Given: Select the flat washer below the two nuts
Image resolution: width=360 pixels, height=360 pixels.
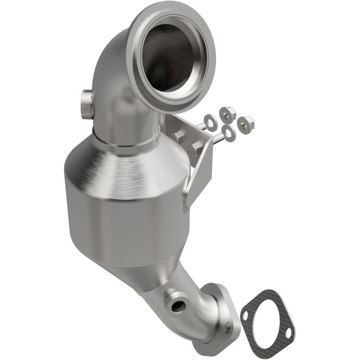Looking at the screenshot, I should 229,133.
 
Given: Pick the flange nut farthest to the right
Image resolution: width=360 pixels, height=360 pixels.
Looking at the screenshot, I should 245,121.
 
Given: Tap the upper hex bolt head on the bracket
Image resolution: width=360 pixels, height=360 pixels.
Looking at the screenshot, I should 179,137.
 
